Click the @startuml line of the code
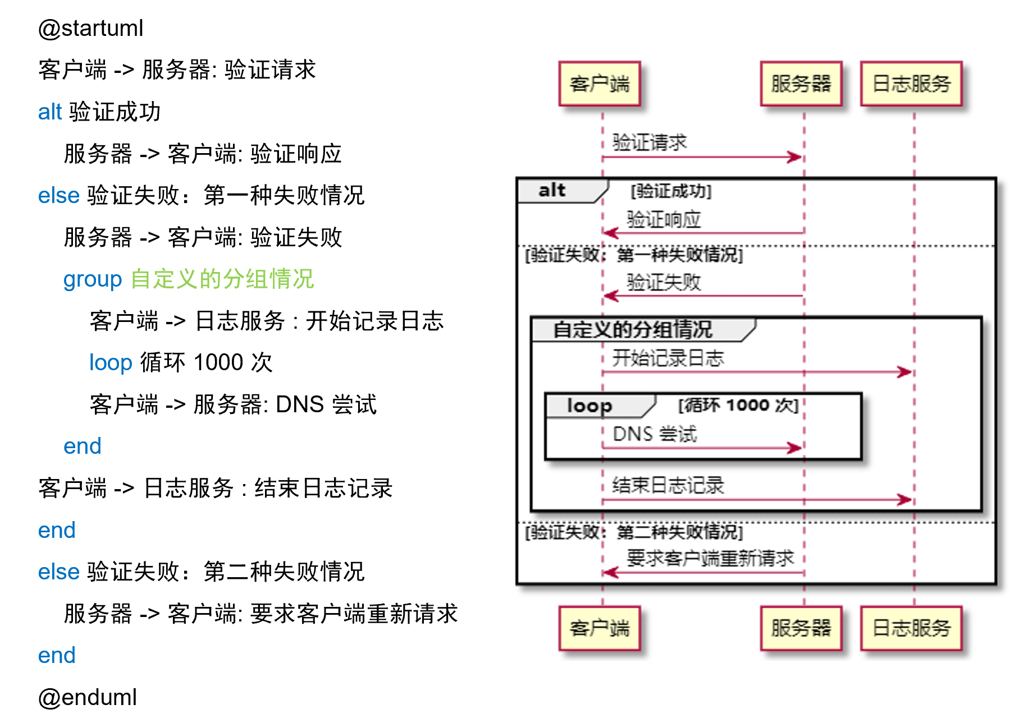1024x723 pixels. coord(91,29)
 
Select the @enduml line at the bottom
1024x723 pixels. coord(88,697)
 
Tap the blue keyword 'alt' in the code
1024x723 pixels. coord(49,112)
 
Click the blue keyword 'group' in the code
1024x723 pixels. coord(92,279)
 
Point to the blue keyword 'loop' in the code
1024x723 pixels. coord(111,363)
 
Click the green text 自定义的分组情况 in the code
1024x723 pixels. coord(222,279)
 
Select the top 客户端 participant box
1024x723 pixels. coord(600,84)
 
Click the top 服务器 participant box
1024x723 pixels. coord(801,84)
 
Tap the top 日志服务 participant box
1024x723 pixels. coord(911,84)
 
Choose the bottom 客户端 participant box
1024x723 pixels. coord(600,628)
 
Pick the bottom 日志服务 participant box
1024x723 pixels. coord(911,628)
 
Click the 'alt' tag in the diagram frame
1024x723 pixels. coord(552,191)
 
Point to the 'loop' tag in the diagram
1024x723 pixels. coord(589,405)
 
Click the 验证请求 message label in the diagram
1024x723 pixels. coord(650,142)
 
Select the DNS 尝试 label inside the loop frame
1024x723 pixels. coord(655,434)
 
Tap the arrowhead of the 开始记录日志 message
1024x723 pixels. coord(905,372)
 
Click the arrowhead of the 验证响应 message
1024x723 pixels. coord(610,233)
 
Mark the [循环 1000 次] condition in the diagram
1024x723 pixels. coord(738,405)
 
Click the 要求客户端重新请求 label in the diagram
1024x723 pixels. coord(710,558)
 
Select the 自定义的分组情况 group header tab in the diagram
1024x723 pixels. coord(633,330)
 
